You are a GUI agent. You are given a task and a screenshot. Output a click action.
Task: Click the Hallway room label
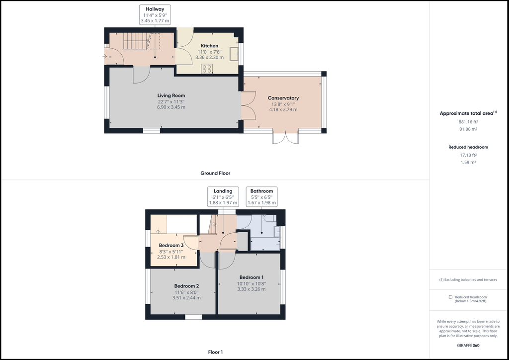point(155,9)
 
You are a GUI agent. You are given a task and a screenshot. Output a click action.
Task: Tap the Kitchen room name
point(209,46)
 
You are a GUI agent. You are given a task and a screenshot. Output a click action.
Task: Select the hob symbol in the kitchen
point(207,69)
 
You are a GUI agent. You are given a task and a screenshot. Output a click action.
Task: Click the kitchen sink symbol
point(234,54)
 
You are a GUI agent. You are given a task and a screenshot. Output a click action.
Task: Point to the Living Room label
point(171,95)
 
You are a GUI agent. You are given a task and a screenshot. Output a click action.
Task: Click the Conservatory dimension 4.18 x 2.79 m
point(283,110)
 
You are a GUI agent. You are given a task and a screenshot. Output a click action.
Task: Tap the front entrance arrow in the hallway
point(105,57)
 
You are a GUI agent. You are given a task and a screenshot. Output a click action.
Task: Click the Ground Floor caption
point(215,173)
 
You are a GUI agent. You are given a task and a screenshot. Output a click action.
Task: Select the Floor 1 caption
point(215,352)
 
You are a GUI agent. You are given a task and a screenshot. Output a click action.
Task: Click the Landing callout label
point(223,191)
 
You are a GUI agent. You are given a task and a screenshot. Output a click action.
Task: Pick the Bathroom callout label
point(261,191)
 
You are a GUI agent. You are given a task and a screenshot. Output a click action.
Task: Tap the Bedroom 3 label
point(171,246)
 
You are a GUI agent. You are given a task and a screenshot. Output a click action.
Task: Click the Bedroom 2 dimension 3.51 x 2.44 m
point(186,298)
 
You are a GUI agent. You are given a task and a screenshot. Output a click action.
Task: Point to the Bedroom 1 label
point(252,277)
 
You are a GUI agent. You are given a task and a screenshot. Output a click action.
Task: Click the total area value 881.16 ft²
point(468,122)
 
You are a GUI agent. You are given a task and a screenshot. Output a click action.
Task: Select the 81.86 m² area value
point(468,129)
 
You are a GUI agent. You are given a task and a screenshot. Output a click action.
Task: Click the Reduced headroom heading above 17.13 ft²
point(468,147)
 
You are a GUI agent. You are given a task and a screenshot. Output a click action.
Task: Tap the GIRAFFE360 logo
point(468,346)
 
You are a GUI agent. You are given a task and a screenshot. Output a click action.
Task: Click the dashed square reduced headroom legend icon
point(450,297)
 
